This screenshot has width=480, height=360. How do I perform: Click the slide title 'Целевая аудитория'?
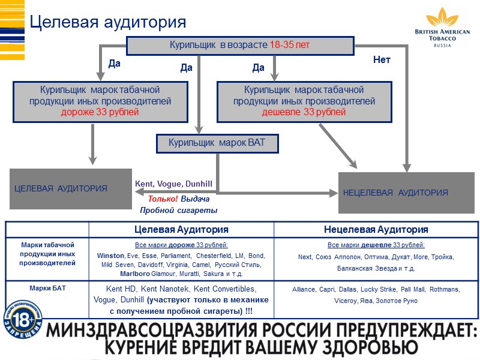coord(108,22)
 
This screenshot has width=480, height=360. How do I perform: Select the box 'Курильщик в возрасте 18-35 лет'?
coord(240,45)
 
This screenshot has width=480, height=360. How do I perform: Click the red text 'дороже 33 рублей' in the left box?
coord(100,112)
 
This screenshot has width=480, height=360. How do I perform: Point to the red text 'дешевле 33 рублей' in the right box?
coord(304,112)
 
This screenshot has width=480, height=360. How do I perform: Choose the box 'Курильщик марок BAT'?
coord(217,143)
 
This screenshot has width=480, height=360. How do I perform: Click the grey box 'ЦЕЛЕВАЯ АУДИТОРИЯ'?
coord(71,188)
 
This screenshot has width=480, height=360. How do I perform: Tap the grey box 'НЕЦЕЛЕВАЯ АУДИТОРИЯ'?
coord(407,193)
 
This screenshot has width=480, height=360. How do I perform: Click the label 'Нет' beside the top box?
coord(382,60)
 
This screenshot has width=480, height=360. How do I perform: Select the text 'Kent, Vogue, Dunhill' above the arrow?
coord(173,184)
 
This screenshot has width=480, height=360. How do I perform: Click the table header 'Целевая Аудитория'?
coord(181,230)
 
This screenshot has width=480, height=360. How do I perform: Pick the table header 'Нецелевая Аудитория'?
coord(376,230)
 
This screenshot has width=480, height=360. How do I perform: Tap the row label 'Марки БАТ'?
coord(47,288)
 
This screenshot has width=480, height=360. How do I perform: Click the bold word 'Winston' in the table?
coord(111,256)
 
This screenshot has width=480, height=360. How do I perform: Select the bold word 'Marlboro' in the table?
coord(117,274)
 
